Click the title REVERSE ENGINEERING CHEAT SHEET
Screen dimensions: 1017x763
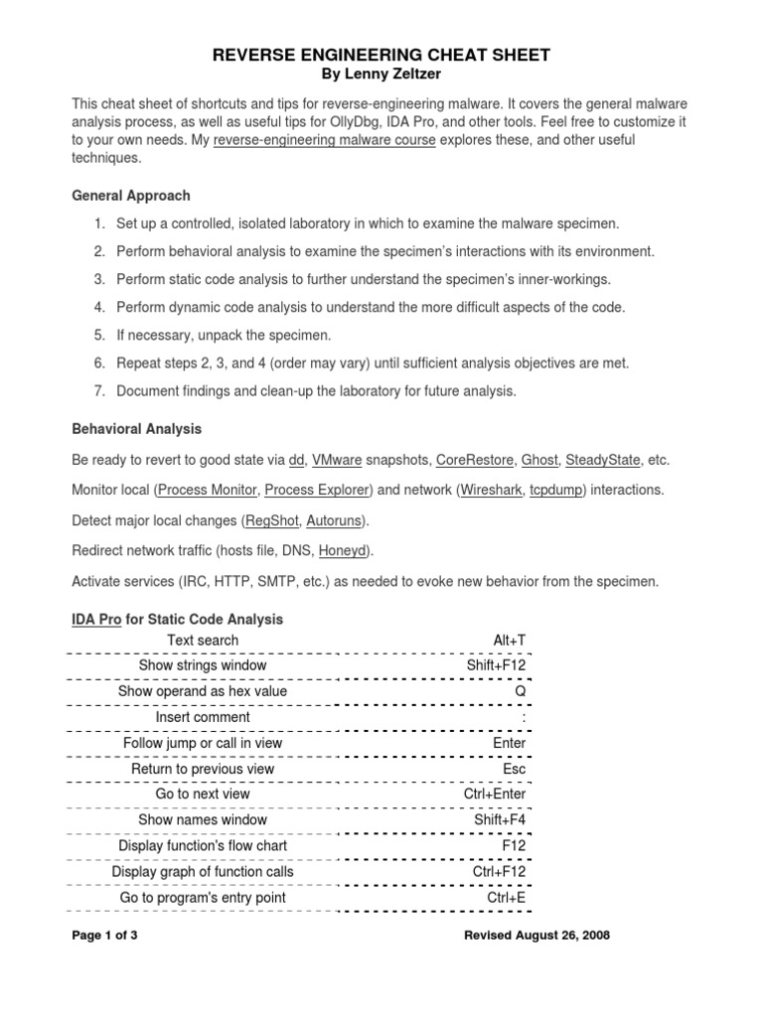381,56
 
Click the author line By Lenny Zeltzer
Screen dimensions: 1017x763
381,75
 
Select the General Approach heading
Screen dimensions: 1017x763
131,196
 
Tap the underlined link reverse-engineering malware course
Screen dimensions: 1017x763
324,140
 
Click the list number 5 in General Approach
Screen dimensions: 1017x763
100,335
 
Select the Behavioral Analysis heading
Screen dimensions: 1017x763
137,429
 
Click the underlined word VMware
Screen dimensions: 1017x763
336,461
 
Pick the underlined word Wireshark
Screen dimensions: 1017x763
491,491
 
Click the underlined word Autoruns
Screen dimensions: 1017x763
335,520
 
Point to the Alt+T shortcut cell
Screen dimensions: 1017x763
509,641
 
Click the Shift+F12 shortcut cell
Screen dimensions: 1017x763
496,665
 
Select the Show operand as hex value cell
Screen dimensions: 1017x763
203,691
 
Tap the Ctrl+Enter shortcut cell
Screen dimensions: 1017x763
495,795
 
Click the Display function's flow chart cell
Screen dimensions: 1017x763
203,846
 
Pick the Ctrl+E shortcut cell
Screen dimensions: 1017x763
506,898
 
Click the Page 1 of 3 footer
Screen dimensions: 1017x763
105,936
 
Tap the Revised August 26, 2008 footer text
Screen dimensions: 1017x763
536,936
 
